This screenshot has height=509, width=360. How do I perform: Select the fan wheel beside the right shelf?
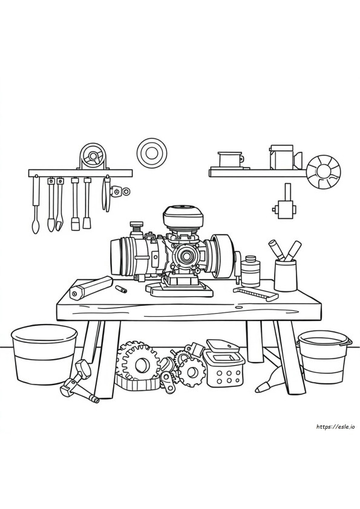(324, 171)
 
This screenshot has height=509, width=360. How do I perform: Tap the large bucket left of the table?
(44, 354)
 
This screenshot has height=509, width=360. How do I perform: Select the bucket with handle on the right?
(325, 357)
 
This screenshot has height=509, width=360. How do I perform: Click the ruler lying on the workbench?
(256, 293)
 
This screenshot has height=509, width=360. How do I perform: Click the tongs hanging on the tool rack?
(106, 194)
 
